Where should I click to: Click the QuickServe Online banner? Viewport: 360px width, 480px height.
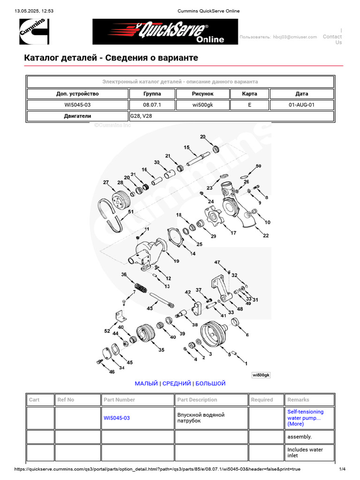pos(165,31)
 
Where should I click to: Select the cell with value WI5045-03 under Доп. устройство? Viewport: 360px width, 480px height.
pos(77,105)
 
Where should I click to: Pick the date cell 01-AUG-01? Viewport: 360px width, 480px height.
pos(301,105)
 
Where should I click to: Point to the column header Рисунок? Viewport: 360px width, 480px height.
pos(202,93)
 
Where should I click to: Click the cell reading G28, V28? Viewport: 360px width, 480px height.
pos(232,116)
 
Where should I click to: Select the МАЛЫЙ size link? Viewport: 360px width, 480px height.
pos(146,383)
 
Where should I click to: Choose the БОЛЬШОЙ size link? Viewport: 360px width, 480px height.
pos(210,383)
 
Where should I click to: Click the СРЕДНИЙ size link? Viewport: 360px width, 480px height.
pos(177,383)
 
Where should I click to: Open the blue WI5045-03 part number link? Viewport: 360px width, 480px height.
pos(117,418)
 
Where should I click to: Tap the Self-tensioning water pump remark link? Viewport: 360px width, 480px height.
pos(305,418)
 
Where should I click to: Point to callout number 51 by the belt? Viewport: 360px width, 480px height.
pos(130,211)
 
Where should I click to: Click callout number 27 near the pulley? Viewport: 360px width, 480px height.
pos(106,182)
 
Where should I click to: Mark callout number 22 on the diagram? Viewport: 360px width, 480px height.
pos(266,235)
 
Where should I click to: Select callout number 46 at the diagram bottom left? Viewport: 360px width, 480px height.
pos(112,372)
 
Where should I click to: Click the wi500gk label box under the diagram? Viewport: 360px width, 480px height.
pos(261,375)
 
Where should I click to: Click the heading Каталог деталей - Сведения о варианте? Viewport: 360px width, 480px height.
pos(111,58)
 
